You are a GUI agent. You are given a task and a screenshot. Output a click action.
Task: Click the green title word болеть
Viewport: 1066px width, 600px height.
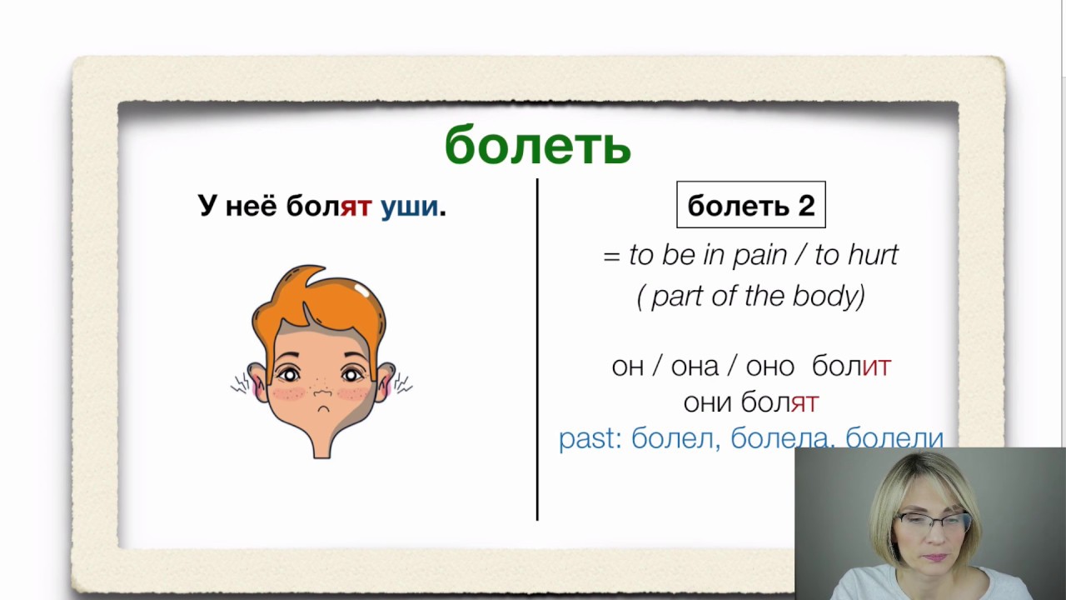tap(537, 147)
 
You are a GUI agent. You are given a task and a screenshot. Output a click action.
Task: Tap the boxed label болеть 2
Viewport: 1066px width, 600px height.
tap(750, 205)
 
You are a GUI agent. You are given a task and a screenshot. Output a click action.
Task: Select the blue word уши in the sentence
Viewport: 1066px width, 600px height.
tap(409, 206)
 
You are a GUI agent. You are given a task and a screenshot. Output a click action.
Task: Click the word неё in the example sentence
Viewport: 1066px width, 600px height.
tap(250, 206)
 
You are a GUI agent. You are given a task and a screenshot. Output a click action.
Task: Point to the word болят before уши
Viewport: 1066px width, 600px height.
tap(328, 206)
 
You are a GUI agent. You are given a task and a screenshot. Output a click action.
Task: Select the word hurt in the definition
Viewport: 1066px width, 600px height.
tap(872, 255)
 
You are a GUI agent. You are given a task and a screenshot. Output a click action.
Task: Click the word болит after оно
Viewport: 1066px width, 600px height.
tap(851, 366)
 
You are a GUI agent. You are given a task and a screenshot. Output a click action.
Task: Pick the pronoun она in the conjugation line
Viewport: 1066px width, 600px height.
tap(695, 366)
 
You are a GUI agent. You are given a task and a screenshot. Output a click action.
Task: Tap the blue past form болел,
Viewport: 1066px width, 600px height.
tap(675, 438)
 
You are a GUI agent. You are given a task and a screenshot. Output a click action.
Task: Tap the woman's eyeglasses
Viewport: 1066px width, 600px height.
tap(931, 523)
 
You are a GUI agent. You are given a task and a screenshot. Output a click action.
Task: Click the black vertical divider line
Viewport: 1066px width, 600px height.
tap(537, 350)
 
